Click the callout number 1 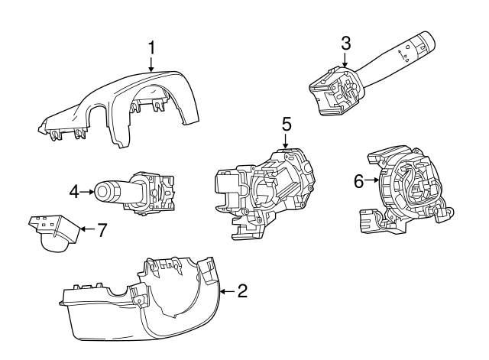pos(151,48)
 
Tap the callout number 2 pos(242,290)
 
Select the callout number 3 pos(345,44)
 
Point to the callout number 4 pos(75,192)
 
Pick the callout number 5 pos(287,124)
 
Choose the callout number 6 pos(358,181)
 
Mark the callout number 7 pos(102,229)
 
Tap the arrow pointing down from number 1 pos(151,64)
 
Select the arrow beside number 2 pos(226,290)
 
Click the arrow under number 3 pos(345,61)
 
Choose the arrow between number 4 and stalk pos(87,192)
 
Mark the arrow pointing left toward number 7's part pos(86,229)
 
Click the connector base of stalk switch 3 pos(330,89)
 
